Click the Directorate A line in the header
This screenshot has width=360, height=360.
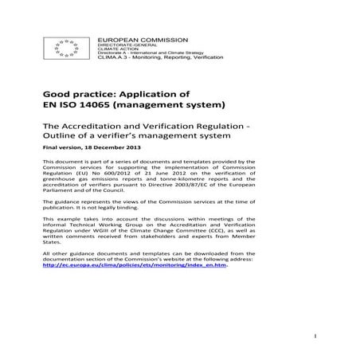coord(136,55)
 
